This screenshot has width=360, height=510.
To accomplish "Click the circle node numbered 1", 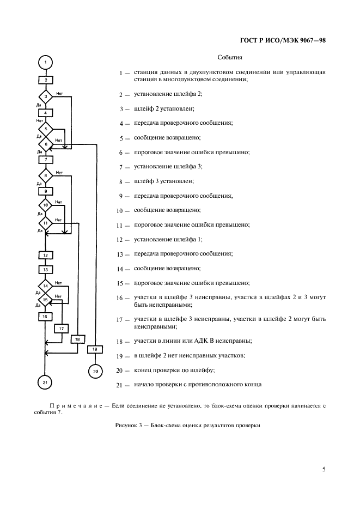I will (46, 62).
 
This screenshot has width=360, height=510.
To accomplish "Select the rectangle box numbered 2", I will (46, 80).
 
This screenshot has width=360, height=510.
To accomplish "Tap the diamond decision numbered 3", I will (46, 97).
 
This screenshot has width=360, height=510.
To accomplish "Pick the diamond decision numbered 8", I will (46, 175).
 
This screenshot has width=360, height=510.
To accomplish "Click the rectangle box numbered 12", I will (46, 255).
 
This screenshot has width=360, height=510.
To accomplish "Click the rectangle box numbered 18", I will (77, 339).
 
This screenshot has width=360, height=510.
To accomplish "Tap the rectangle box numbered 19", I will (95, 349).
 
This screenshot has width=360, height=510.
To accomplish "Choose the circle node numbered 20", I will (95, 371).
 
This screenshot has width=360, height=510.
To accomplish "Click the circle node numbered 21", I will (46, 382).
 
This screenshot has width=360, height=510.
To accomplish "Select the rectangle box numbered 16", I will (46, 315).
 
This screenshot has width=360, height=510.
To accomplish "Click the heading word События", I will (230, 57).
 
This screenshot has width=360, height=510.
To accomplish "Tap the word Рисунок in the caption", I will (126, 425).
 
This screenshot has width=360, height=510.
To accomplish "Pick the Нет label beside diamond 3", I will (59, 93).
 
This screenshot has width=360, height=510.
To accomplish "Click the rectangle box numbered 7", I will (46, 160).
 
